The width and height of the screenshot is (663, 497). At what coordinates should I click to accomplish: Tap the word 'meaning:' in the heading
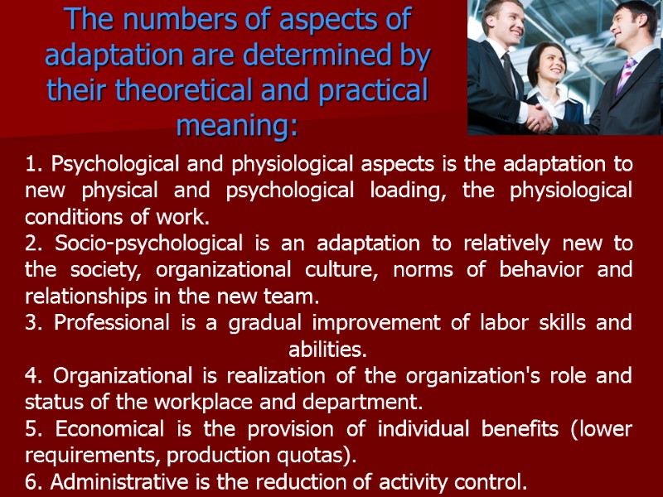point(237,128)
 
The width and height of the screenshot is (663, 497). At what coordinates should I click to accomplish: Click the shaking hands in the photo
point(543,118)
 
